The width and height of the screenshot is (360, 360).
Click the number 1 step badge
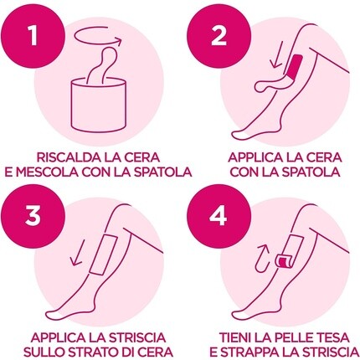point(33,37)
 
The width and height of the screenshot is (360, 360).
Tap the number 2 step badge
point(219,37)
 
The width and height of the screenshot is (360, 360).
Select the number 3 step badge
point(33,216)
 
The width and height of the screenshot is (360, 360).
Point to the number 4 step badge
point(219,216)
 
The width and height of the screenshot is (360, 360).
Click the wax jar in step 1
point(99,105)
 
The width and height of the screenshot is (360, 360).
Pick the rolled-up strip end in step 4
point(284,260)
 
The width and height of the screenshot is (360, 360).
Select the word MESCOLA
point(46,172)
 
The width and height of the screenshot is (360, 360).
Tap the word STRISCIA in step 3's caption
point(137,337)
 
